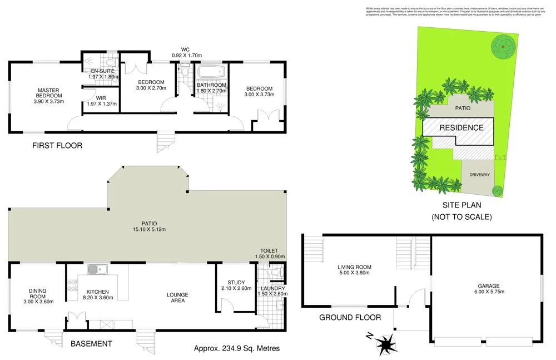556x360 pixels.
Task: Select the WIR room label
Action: coord(100,98)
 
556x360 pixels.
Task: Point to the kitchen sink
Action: coord(98,270)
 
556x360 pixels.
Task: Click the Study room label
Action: coord(236,282)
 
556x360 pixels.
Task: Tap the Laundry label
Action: coord(272,288)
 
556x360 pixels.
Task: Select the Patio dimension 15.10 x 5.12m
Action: coord(150,229)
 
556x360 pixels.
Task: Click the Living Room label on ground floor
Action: coord(354,267)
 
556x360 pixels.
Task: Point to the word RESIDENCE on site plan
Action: coord(461,127)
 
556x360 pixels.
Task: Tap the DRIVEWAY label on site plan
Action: coord(479,175)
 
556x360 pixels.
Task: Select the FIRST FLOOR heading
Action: coord(57,146)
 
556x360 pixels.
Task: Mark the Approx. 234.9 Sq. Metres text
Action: coord(237,349)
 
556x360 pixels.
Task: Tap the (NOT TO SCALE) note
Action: coord(461,217)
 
